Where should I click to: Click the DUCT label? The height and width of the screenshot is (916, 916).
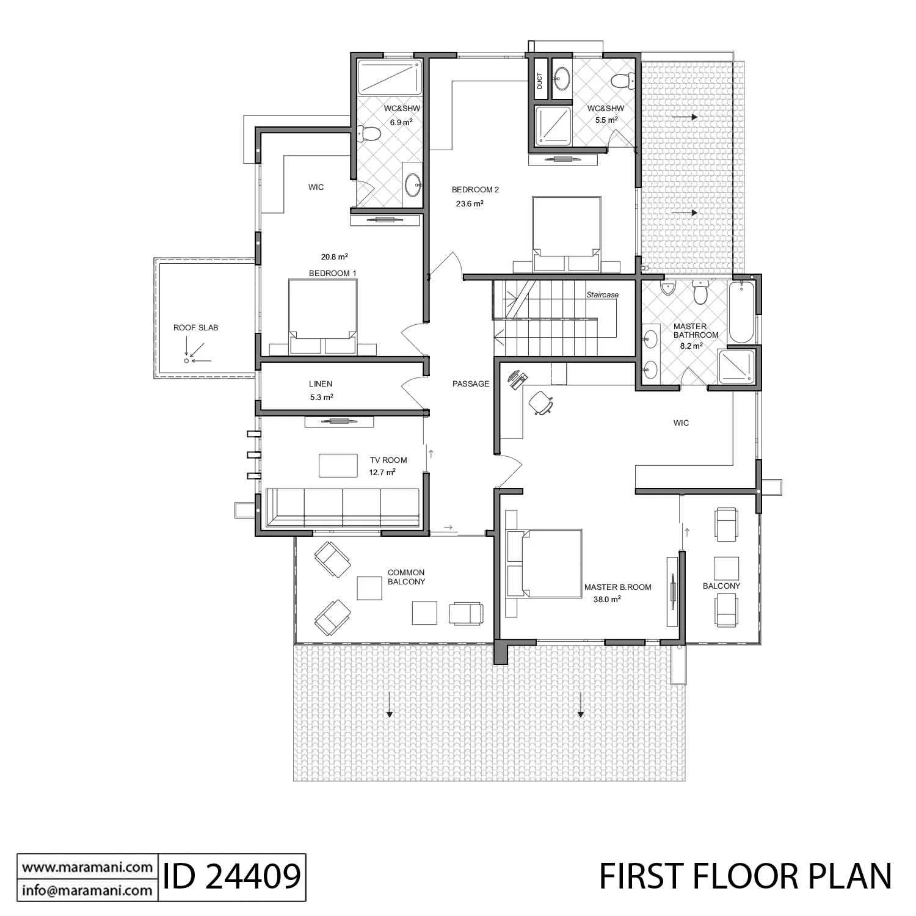click(539, 81)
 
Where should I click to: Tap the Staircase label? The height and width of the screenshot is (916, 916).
click(603, 295)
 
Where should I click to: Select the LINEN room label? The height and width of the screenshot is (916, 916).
click(321, 384)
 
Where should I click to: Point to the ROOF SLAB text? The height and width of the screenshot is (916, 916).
click(195, 328)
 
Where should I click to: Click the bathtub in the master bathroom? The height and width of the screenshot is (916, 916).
click(741, 312)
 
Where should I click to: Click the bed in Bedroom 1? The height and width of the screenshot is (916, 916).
click(323, 317)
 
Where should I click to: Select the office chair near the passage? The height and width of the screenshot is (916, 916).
click(541, 402)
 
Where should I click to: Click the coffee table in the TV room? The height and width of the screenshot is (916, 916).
click(338, 465)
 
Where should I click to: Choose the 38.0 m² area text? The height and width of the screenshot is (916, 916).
click(607, 600)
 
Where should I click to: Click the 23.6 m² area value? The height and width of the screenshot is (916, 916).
click(470, 204)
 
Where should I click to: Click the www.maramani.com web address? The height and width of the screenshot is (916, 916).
click(87, 867)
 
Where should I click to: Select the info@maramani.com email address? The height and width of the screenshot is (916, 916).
click(87, 890)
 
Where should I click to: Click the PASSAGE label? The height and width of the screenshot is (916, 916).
click(471, 384)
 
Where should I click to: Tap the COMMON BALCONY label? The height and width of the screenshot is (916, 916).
click(406, 577)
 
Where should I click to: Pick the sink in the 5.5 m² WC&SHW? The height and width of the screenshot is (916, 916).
click(562, 78)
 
